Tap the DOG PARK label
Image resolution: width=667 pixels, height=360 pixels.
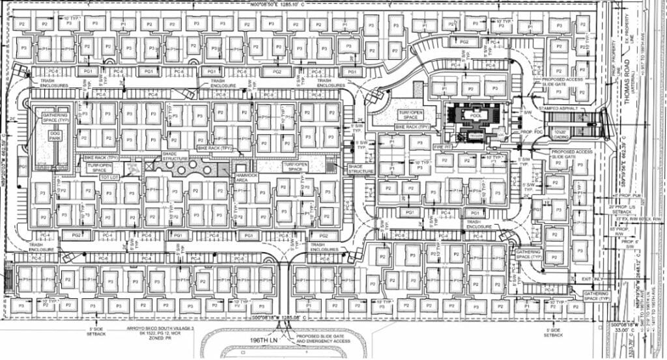[46, 138]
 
